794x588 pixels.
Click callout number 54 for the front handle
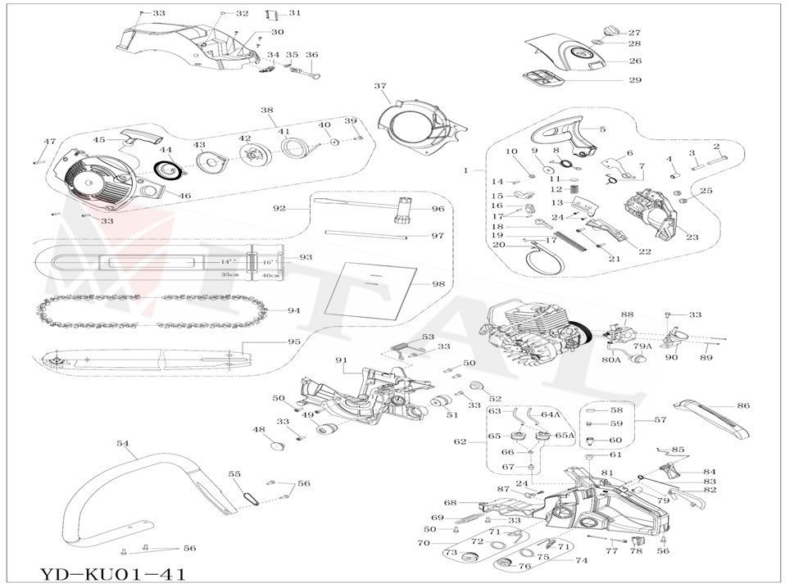[x=123, y=443]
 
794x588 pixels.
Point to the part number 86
[x=743, y=405]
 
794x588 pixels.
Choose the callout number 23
[x=692, y=237]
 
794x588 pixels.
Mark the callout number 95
[x=294, y=341]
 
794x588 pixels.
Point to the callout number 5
[x=602, y=129]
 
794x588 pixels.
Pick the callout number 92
[x=279, y=209]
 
